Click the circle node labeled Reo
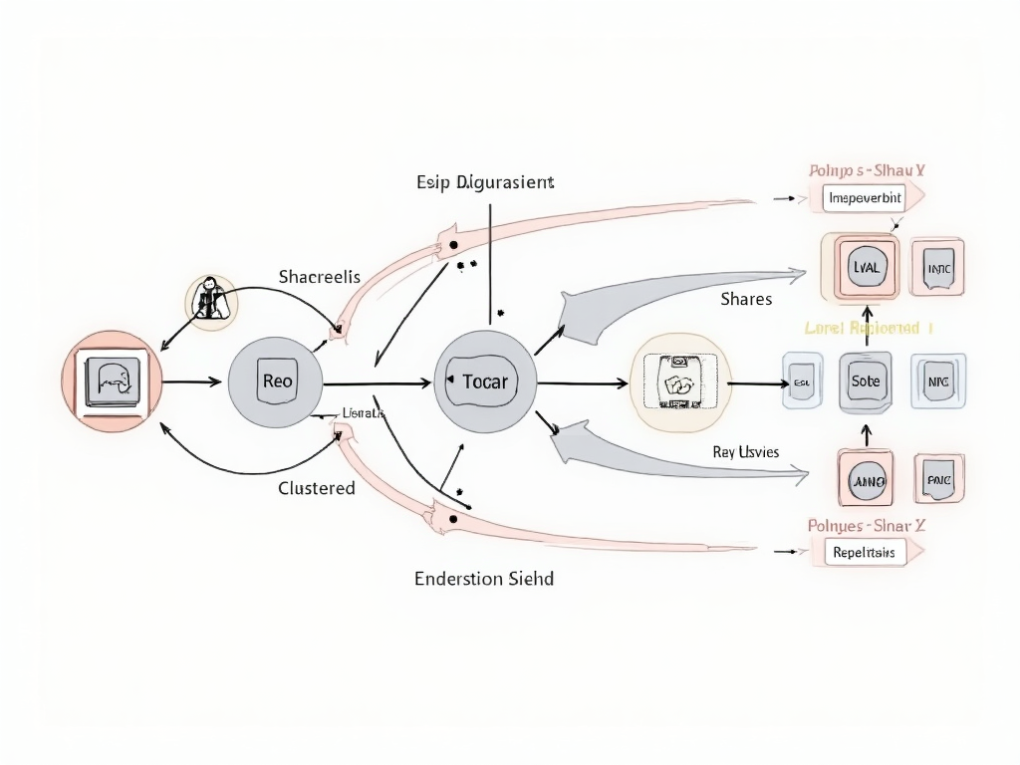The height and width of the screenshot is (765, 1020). click(x=276, y=382)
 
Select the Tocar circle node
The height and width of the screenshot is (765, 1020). click(x=486, y=382)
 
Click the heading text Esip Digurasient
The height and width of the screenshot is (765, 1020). click(x=485, y=182)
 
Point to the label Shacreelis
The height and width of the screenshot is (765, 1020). click(x=320, y=276)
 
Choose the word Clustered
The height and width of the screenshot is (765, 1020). click(x=317, y=488)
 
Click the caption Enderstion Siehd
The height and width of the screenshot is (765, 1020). click(x=484, y=578)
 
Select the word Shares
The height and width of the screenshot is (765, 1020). click(x=746, y=299)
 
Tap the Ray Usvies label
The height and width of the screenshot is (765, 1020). click(x=746, y=452)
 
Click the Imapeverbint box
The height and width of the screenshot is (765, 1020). click(x=865, y=198)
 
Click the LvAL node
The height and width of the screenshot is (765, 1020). click(x=863, y=267)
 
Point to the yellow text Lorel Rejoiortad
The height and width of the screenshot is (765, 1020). click(x=868, y=328)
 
